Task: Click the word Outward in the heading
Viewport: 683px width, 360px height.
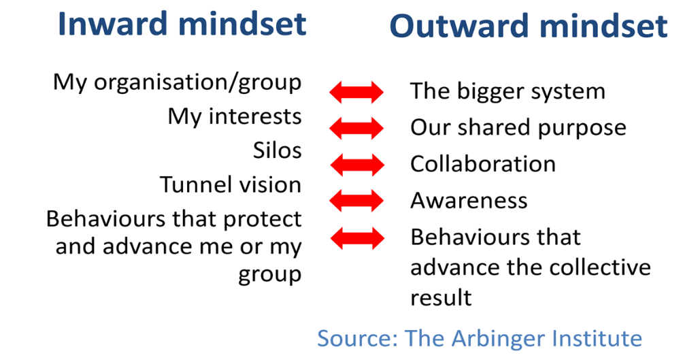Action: coord(461,26)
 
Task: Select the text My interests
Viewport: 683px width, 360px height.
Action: coord(234,117)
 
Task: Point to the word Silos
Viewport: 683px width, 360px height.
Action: coord(278,151)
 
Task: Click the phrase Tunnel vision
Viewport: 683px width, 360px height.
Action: coord(231,184)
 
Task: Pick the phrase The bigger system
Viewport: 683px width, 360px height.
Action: coord(508,92)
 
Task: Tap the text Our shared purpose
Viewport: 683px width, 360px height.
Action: coord(518,128)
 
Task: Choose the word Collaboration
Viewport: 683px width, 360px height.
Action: coord(483,164)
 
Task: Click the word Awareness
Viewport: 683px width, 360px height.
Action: coord(469,201)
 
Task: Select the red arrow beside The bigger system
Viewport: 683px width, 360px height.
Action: coord(356,92)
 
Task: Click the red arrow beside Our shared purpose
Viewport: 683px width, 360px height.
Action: coord(356,128)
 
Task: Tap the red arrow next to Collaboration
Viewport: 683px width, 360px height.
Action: coord(357,165)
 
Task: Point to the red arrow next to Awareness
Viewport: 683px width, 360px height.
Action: coord(356,201)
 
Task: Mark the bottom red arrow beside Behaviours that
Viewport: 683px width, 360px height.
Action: coord(357,238)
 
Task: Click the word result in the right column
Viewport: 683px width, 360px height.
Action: coord(441,298)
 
